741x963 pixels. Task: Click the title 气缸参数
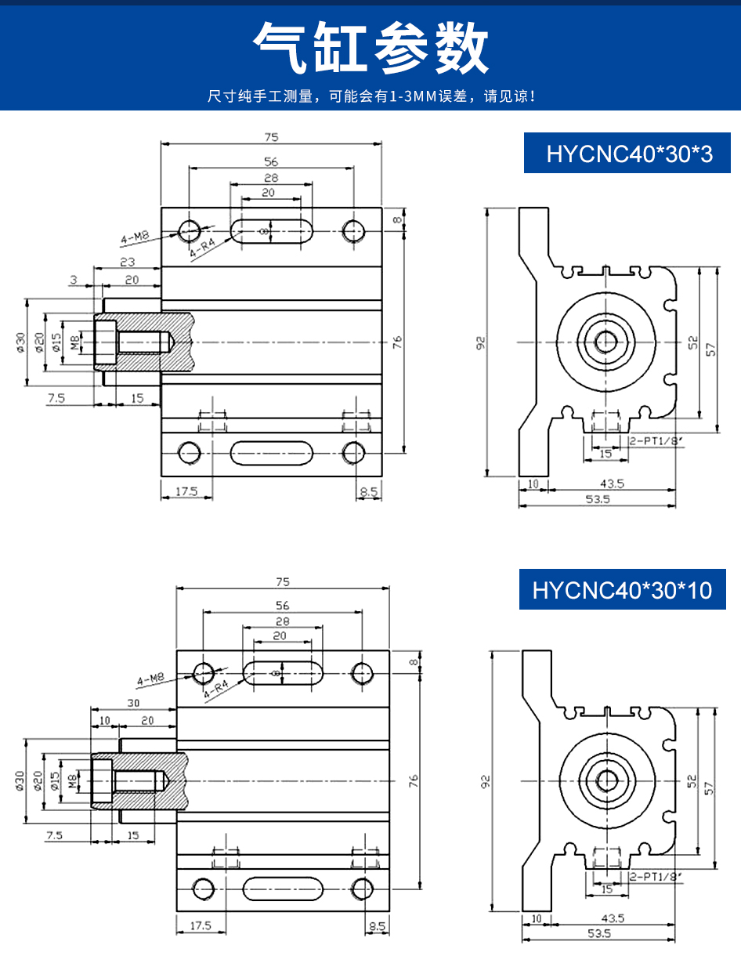pyautogui.click(x=370, y=49)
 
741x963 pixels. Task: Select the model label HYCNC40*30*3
pyautogui.click(x=630, y=154)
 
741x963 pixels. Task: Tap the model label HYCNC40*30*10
pyautogui.click(x=623, y=589)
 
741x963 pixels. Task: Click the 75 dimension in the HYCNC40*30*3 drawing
pyautogui.click(x=271, y=137)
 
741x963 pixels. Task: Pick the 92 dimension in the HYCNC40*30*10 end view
pyautogui.click(x=486, y=781)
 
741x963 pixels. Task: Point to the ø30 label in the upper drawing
pyautogui.click(x=20, y=342)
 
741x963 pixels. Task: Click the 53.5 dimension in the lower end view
pyautogui.click(x=597, y=933)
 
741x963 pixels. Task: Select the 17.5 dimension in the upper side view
pyautogui.click(x=186, y=492)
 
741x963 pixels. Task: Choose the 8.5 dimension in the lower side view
pyautogui.click(x=377, y=926)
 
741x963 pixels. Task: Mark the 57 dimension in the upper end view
pyautogui.click(x=710, y=349)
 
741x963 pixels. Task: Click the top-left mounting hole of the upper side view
pyautogui.click(x=189, y=230)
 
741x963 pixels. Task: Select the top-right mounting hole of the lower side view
pyautogui.click(x=362, y=672)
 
